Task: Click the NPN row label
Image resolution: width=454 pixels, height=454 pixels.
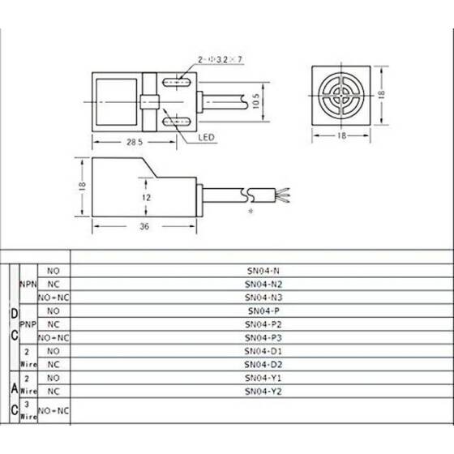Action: tap(28, 285)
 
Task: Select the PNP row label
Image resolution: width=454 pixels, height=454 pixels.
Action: tap(28, 324)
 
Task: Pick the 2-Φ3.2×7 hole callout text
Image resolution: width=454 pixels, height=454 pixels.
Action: tap(220, 60)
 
